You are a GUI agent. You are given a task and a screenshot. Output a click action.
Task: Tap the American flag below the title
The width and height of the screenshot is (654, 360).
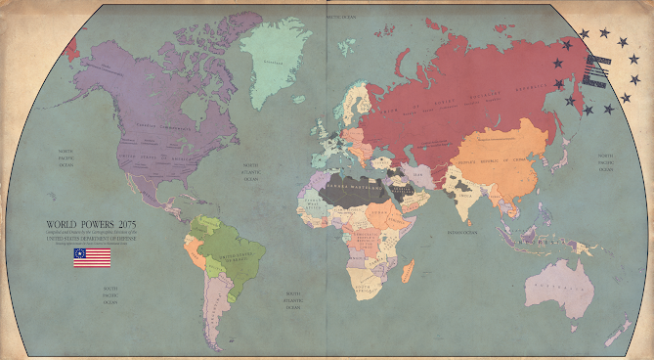point(91,257)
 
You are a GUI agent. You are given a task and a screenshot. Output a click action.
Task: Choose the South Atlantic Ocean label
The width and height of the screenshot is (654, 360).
point(290,297)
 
